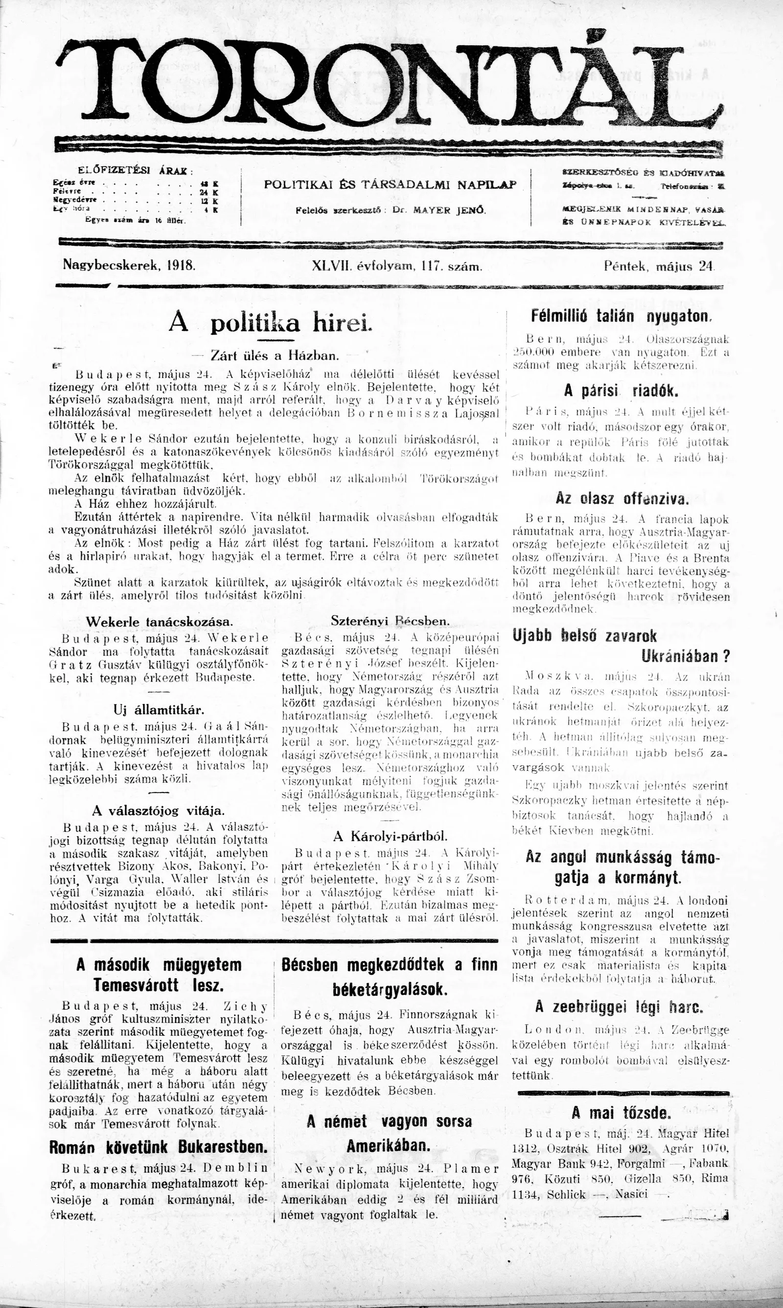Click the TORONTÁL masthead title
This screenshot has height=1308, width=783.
point(391,84)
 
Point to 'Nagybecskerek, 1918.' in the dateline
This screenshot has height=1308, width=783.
point(129,265)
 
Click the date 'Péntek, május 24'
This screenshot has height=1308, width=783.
point(659,266)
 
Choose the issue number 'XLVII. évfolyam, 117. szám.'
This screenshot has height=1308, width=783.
point(397,266)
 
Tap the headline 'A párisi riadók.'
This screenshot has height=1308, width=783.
point(621,391)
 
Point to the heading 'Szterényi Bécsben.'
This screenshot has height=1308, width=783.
point(390,621)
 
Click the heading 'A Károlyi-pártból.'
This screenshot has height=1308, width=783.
point(391,836)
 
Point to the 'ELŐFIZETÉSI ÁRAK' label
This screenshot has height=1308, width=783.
point(135,170)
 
